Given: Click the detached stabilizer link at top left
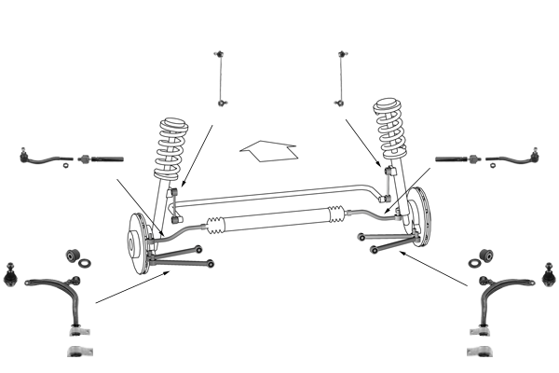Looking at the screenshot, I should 221,76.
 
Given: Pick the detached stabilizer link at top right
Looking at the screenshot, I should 342,76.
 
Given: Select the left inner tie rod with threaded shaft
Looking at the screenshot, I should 100,159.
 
